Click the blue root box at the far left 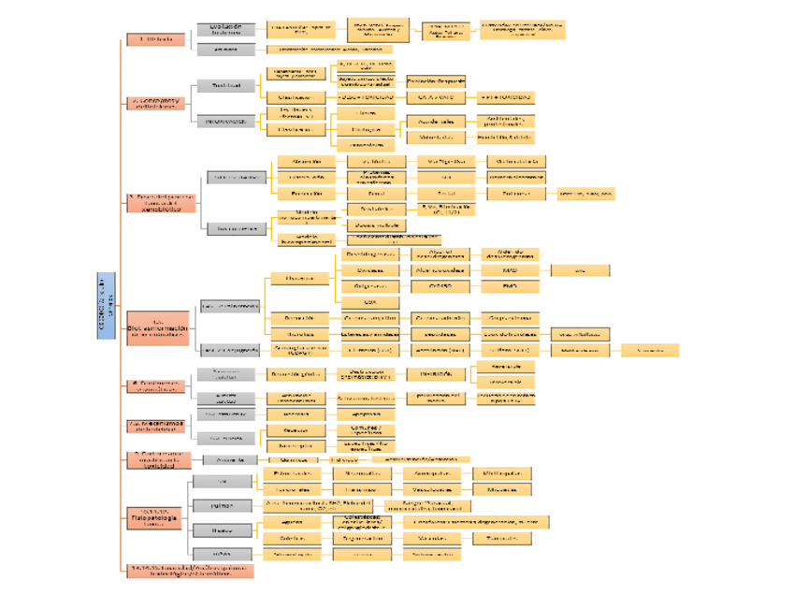pyautogui.click(x=106, y=305)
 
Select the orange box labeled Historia pyautogui.click(x=155, y=40)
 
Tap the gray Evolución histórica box pyautogui.click(x=225, y=30)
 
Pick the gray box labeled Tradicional pyautogui.click(x=225, y=86)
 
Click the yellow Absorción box pyautogui.click(x=306, y=162)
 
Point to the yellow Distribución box pyautogui.click(x=306, y=177)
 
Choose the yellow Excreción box pyautogui.click(x=306, y=194)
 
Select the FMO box pyautogui.click(x=510, y=286)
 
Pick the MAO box pyautogui.click(x=510, y=270)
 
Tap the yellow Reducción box pyautogui.click(x=300, y=318)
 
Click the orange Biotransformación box pyautogui.click(x=158, y=328)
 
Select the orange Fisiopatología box pyautogui.click(x=155, y=517)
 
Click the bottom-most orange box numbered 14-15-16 pyautogui.click(x=190, y=571)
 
